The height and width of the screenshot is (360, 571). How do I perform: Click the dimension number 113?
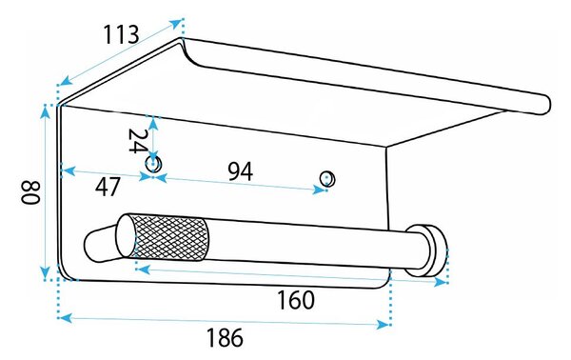click(x=121, y=34)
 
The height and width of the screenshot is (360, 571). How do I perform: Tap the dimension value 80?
click(x=30, y=192)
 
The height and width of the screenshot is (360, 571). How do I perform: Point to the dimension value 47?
click(x=108, y=187)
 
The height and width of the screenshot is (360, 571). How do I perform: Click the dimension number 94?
click(x=241, y=171)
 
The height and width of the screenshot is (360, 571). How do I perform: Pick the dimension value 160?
click(x=296, y=300)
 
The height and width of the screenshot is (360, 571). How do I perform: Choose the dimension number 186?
click(x=225, y=337)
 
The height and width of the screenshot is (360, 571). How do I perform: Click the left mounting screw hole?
click(x=153, y=164)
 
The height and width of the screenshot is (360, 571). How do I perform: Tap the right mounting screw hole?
click(x=327, y=178)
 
